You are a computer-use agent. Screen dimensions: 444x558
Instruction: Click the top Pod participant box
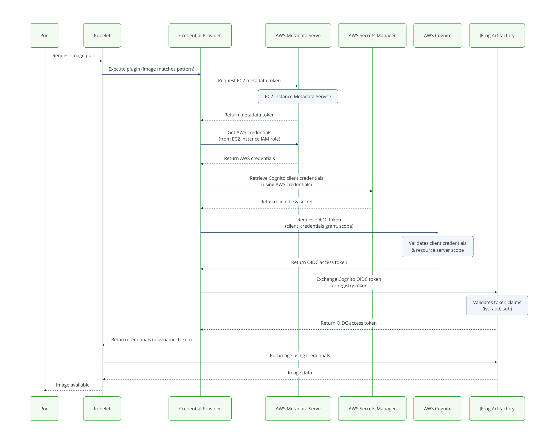tap(44, 35)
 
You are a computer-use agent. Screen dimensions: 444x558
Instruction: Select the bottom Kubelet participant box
tap(102, 409)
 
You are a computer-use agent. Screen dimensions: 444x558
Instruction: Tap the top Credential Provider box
tap(200, 35)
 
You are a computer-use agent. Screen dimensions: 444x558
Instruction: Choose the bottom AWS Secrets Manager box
tap(372, 409)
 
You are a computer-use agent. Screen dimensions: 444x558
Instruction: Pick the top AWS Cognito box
tap(438, 35)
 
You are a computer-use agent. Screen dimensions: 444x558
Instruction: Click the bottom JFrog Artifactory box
tap(497, 409)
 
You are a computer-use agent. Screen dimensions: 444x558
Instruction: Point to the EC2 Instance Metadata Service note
tap(298, 96)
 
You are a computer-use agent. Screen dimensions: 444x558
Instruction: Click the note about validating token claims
tap(497, 305)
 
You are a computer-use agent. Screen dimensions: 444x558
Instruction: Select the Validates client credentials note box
tap(437, 247)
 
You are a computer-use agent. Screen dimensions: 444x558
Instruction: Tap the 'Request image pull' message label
tap(73, 55)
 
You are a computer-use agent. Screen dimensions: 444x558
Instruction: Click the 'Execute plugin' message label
tap(151, 69)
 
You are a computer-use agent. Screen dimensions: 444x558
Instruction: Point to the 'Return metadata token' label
tap(249, 115)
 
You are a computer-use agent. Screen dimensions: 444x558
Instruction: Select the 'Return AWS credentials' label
tap(249, 158)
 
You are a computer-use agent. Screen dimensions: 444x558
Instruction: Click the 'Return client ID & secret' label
tap(286, 202)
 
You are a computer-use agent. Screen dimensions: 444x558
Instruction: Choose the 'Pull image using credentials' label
tap(300, 355)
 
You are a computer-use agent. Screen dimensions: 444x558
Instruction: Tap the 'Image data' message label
tap(300, 373)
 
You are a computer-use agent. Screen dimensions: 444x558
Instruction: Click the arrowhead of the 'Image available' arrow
tap(45, 390)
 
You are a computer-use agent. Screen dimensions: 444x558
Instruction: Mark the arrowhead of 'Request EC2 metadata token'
tap(297, 86)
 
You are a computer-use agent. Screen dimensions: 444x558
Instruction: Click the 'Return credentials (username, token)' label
tap(151, 339)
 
